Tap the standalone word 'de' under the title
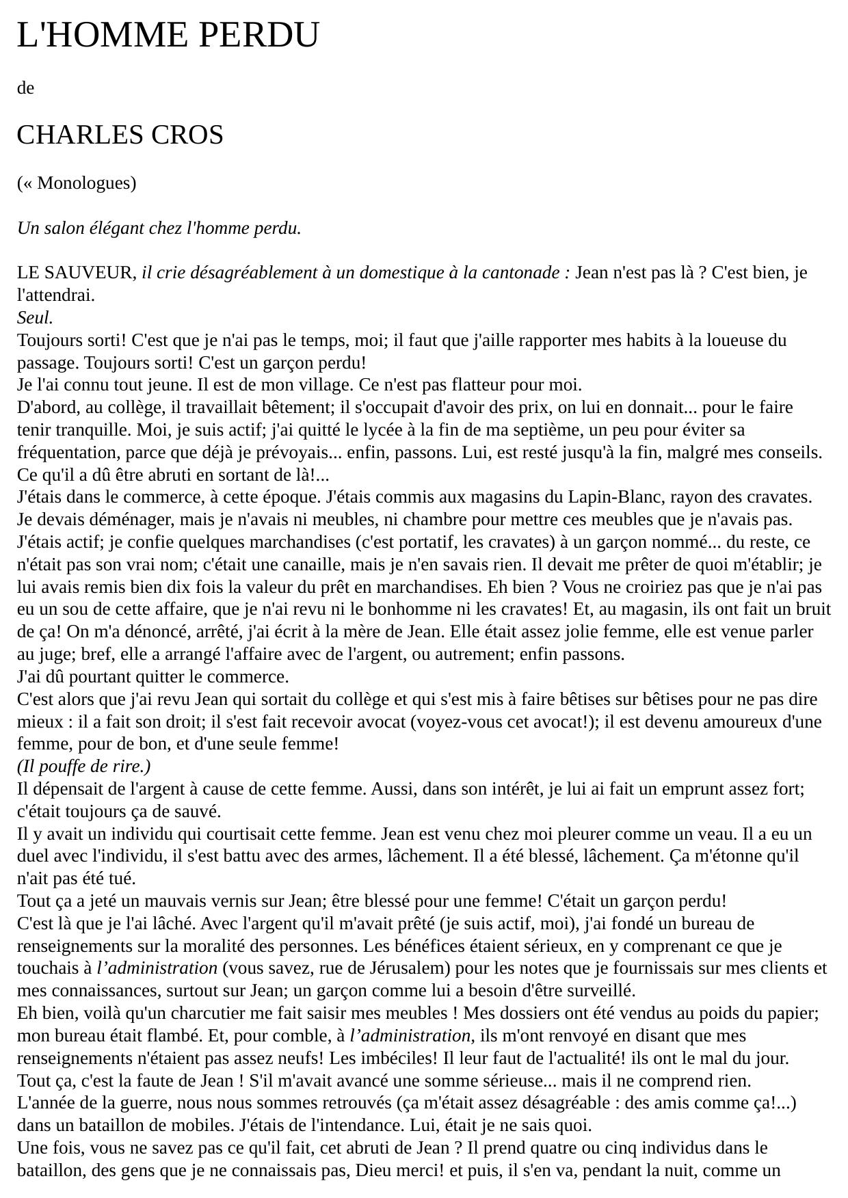coord(25,88)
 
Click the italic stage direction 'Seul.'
coord(35,318)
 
